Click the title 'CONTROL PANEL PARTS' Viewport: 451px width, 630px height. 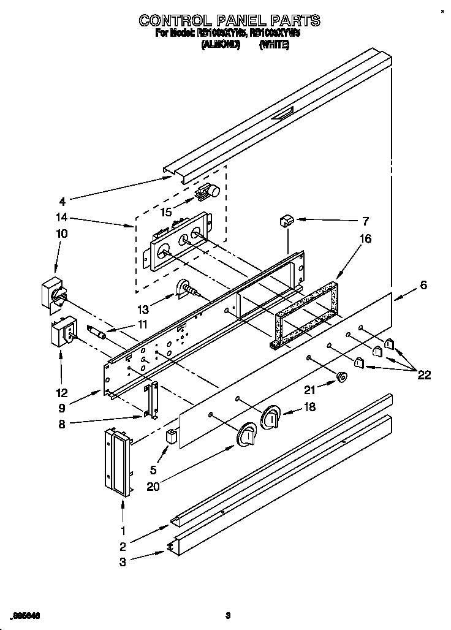point(229,20)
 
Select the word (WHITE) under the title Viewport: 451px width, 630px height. point(274,45)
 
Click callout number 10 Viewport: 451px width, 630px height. point(62,233)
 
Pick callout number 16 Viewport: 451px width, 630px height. point(365,239)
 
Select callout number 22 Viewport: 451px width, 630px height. point(423,375)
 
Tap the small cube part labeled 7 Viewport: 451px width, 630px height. point(286,220)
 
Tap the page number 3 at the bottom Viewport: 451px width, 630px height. point(227,615)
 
